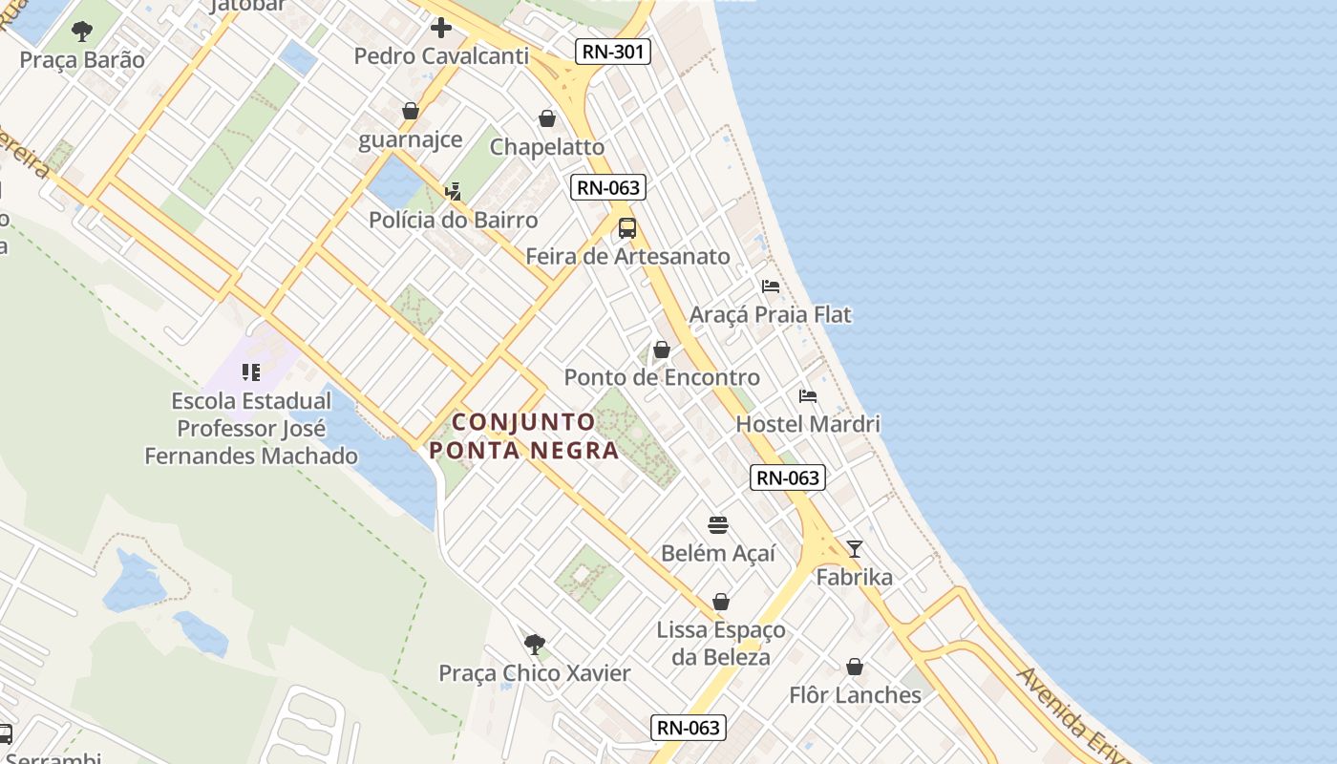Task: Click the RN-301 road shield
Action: pyautogui.click(x=613, y=52)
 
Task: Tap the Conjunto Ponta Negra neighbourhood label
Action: pyautogui.click(x=524, y=435)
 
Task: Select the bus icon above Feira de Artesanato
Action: pyautogui.click(x=627, y=228)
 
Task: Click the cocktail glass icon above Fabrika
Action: pyautogui.click(x=855, y=548)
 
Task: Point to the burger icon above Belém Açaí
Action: pyautogui.click(x=718, y=524)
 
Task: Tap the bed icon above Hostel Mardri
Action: pyautogui.click(x=808, y=395)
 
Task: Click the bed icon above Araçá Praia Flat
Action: pyautogui.click(x=771, y=286)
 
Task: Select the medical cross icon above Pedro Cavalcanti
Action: pyautogui.click(x=441, y=27)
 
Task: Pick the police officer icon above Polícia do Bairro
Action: pyautogui.click(x=454, y=192)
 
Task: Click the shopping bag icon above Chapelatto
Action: pyautogui.click(x=547, y=118)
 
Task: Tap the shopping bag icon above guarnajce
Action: pyautogui.click(x=411, y=111)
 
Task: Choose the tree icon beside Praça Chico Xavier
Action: pyautogui.click(x=535, y=645)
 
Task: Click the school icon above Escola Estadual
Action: pyautogui.click(x=251, y=371)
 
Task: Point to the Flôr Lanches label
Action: pyautogui.click(x=855, y=695)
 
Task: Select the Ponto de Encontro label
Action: pyautogui.click(x=662, y=377)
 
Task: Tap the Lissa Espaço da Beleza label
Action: pyautogui.click(x=721, y=643)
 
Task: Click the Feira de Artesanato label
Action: pyautogui.click(x=627, y=256)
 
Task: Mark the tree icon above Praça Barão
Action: pyautogui.click(x=82, y=32)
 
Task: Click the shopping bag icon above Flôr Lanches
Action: pyautogui.click(x=855, y=667)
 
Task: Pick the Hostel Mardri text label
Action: pyautogui.click(x=808, y=423)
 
